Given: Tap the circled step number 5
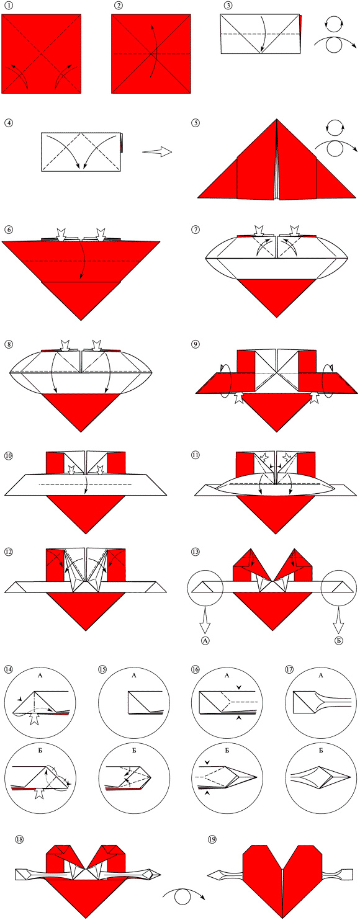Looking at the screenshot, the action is tap(196, 122).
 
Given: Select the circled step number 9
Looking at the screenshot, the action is tap(196, 344).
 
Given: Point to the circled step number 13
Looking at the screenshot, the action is tap(196, 552).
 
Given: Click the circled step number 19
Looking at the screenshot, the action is tap(212, 839).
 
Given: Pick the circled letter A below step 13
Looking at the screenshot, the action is tap(205, 640).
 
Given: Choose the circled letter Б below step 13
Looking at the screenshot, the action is tap(339, 640).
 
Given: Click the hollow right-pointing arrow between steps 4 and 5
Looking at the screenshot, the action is tap(157, 151).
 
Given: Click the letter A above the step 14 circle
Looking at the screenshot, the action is tap(40, 675).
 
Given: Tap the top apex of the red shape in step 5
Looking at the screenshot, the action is tap(277, 120).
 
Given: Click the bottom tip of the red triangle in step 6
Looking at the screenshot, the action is tap(81, 320).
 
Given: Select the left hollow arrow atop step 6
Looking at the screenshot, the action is tap(61, 234).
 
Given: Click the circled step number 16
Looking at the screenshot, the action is tap(196, 669).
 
